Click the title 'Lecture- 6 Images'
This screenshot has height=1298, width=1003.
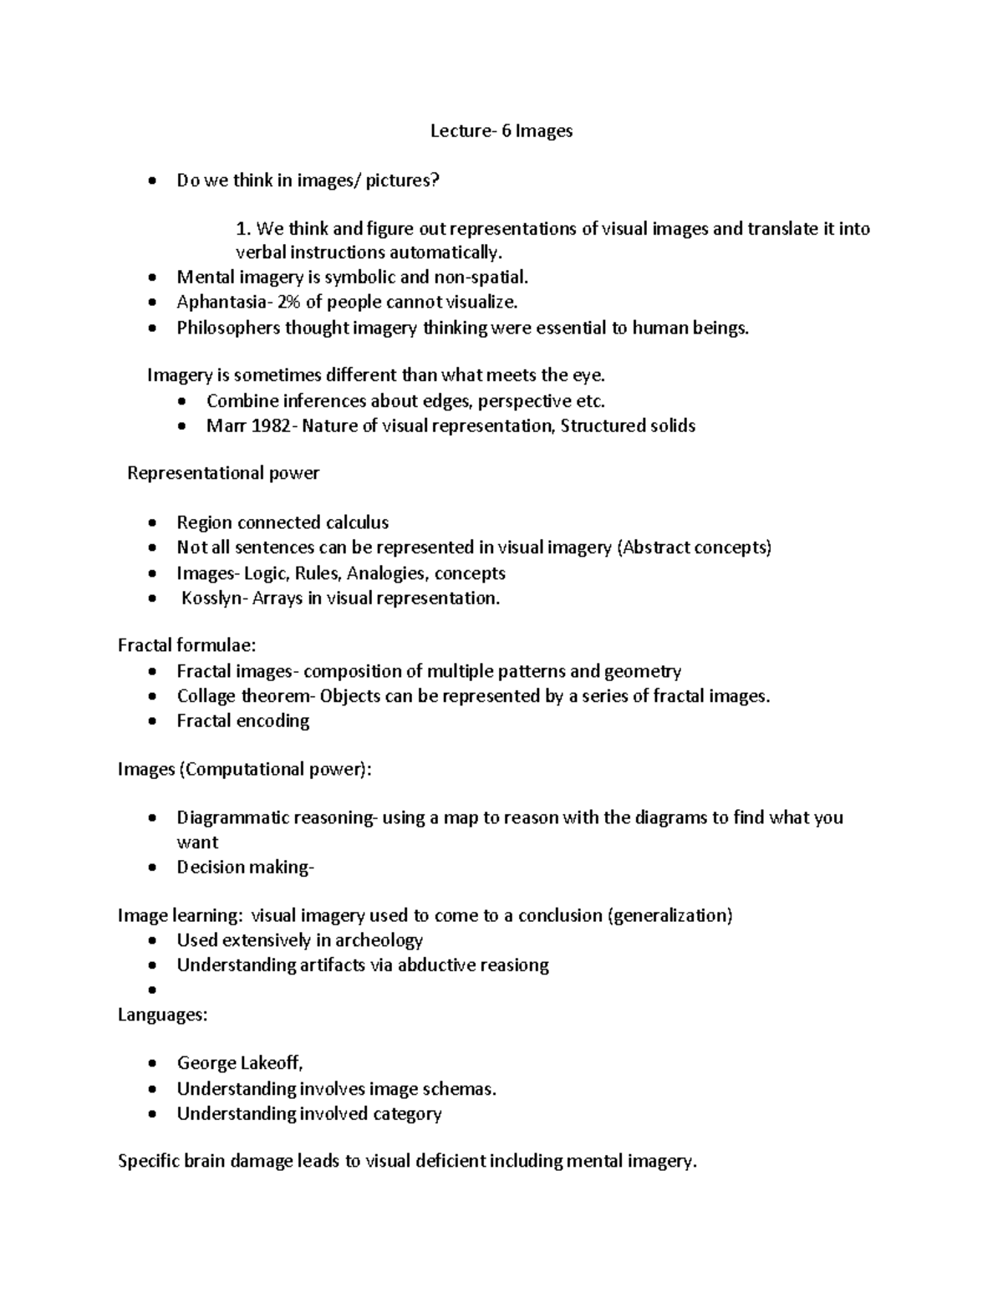click(501, 131)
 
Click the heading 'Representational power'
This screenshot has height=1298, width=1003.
click(223, 474)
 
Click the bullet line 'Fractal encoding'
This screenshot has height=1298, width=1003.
click(242, 721)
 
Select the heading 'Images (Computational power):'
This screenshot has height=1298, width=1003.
click(244, 770)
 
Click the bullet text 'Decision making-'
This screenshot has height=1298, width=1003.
click(245, 868)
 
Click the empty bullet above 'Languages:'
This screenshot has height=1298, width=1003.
click(151, 990)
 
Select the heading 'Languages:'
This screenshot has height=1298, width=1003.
click(162, 1015)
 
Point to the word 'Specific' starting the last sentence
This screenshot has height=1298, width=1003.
click(147, 1162)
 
